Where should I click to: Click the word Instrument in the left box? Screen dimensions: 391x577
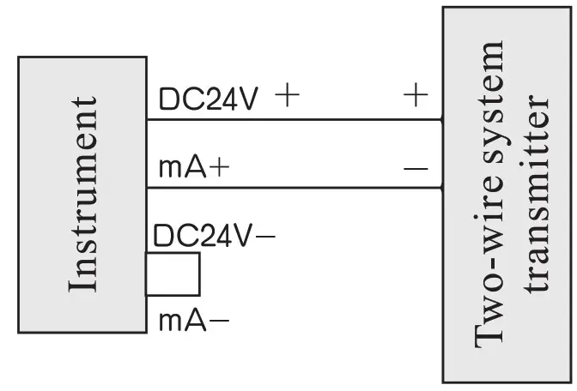82,194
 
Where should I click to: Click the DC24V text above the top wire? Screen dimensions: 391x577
208,99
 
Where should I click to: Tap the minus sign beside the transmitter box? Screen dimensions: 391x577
415,168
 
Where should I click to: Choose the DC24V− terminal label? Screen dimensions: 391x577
214,235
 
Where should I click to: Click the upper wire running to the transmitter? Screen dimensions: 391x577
292,119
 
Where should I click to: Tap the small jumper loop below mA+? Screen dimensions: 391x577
174,274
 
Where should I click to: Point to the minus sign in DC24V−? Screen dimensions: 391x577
266,236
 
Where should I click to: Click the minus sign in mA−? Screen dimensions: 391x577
219,322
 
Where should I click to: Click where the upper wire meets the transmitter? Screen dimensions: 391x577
442,119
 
